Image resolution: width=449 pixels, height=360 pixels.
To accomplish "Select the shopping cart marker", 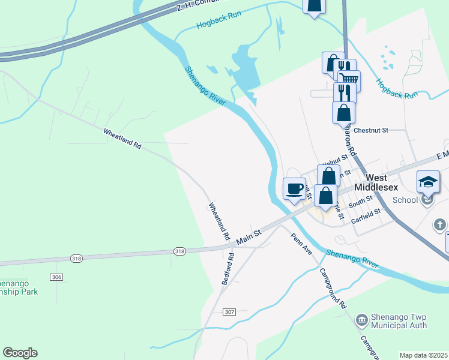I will (x=349, y=80).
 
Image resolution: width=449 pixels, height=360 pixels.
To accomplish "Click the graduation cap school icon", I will (x=429, y=182).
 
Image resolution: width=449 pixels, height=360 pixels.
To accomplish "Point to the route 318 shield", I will (x=179, y=251).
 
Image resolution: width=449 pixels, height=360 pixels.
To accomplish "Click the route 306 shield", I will (x=55, y=277).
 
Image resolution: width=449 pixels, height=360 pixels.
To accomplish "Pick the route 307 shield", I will (x=229, y=312).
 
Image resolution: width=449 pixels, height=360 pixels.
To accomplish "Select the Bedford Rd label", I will (x=228, y=268).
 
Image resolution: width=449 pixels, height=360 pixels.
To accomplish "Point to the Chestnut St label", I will (x=372, y=130).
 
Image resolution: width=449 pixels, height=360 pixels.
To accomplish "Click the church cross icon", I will (x=440, y=224).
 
